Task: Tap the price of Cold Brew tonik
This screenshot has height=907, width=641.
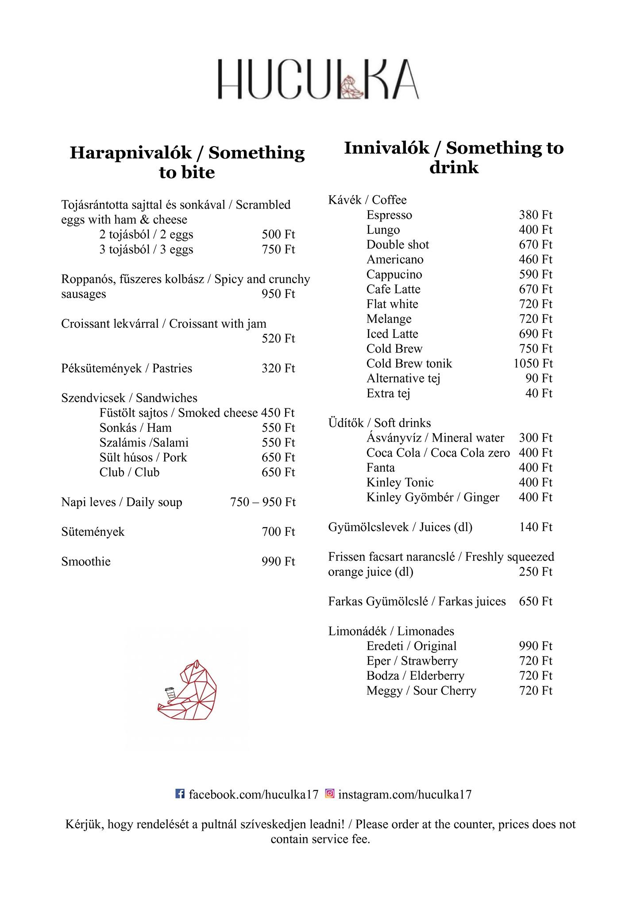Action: tap(533, 364)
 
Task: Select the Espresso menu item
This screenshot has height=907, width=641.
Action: tap(389, 215)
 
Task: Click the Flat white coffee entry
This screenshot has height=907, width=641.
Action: tap(392, 304)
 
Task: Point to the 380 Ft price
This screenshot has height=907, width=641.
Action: tap(536, 215)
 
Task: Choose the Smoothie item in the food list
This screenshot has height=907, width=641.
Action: tap(86, 562)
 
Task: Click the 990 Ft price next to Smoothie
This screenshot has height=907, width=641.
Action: tap(278, 562)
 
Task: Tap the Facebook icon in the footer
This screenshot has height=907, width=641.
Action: tap(180, 794)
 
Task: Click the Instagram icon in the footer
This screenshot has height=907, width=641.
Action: tap(330, 794)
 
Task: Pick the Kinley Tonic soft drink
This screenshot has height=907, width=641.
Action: tap(400, 482)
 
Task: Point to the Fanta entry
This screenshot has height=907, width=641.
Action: tap(381, 468)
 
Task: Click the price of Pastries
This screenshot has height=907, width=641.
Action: tap(278, 368)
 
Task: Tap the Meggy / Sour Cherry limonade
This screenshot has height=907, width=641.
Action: tap(421, 691)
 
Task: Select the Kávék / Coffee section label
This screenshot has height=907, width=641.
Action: tap(367, 200)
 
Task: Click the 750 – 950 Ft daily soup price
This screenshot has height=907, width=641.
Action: tap(263, 502)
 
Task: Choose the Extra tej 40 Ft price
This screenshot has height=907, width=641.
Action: tap(539, 393)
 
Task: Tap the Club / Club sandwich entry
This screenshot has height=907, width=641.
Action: tap(129, 473)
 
